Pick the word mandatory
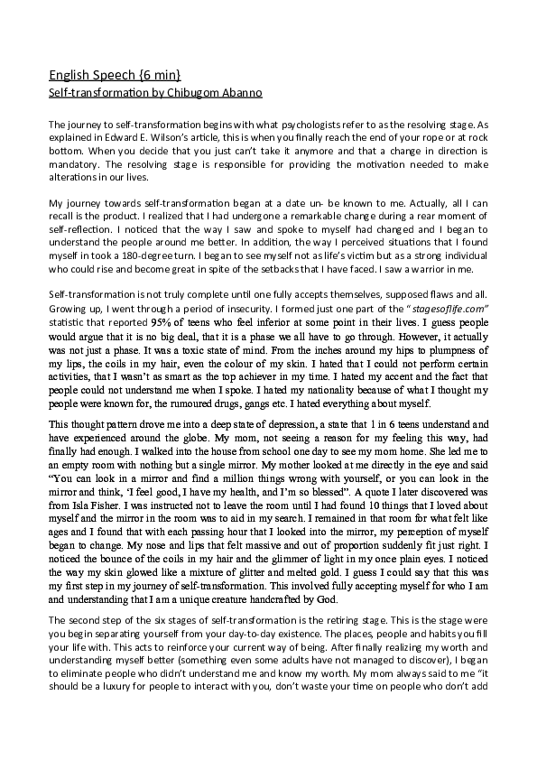click(74, 165)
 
